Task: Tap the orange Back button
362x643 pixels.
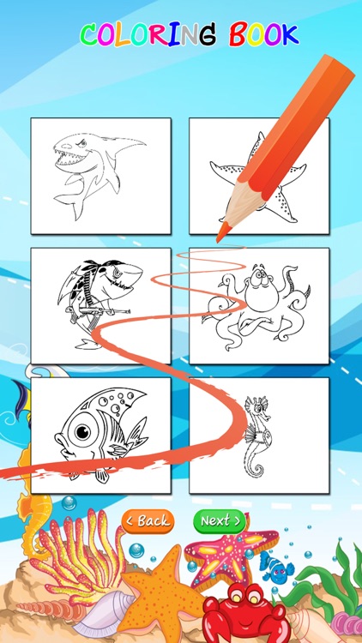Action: pyautogui.click(x=148, y=520)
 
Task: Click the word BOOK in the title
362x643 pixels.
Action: pyautogui.click(x=264, y=35)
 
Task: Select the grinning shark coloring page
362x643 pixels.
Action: pyautogui.click(x=100, y=175)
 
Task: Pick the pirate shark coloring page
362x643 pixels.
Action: pyautogui.click(x=100, y=304)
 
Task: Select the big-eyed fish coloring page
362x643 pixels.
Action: pyautogui.click(x=100, y=435)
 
